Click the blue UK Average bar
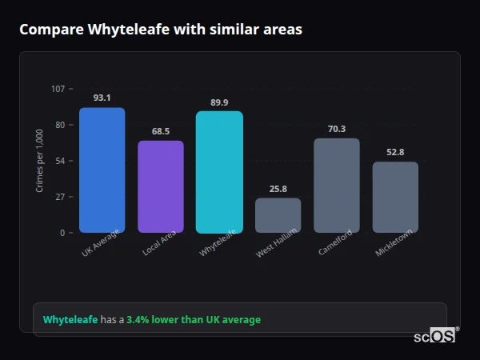[x=102, y=170]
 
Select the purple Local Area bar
[x=161, y=186]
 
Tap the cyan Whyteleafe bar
[x=219, y=172]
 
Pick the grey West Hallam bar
[x=278, y=215]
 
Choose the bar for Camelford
[x=337, y=186]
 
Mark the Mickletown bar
[x=395, y=197]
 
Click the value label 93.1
[x=102, y=98]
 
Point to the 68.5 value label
[x=161, y=131]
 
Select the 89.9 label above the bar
[x=219, y=102]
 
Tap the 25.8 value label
[x=278, y=189]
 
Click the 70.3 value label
[x=337, y=128]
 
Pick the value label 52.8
[x=395, y=152]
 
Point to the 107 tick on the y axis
[x=58, y=89]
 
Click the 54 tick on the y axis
[x=60, y=161]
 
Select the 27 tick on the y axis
[x=60, y=197]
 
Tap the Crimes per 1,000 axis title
[x=39, y=160]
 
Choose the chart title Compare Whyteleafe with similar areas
[x=161, y=30]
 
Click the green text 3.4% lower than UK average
[x=194, y=319]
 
